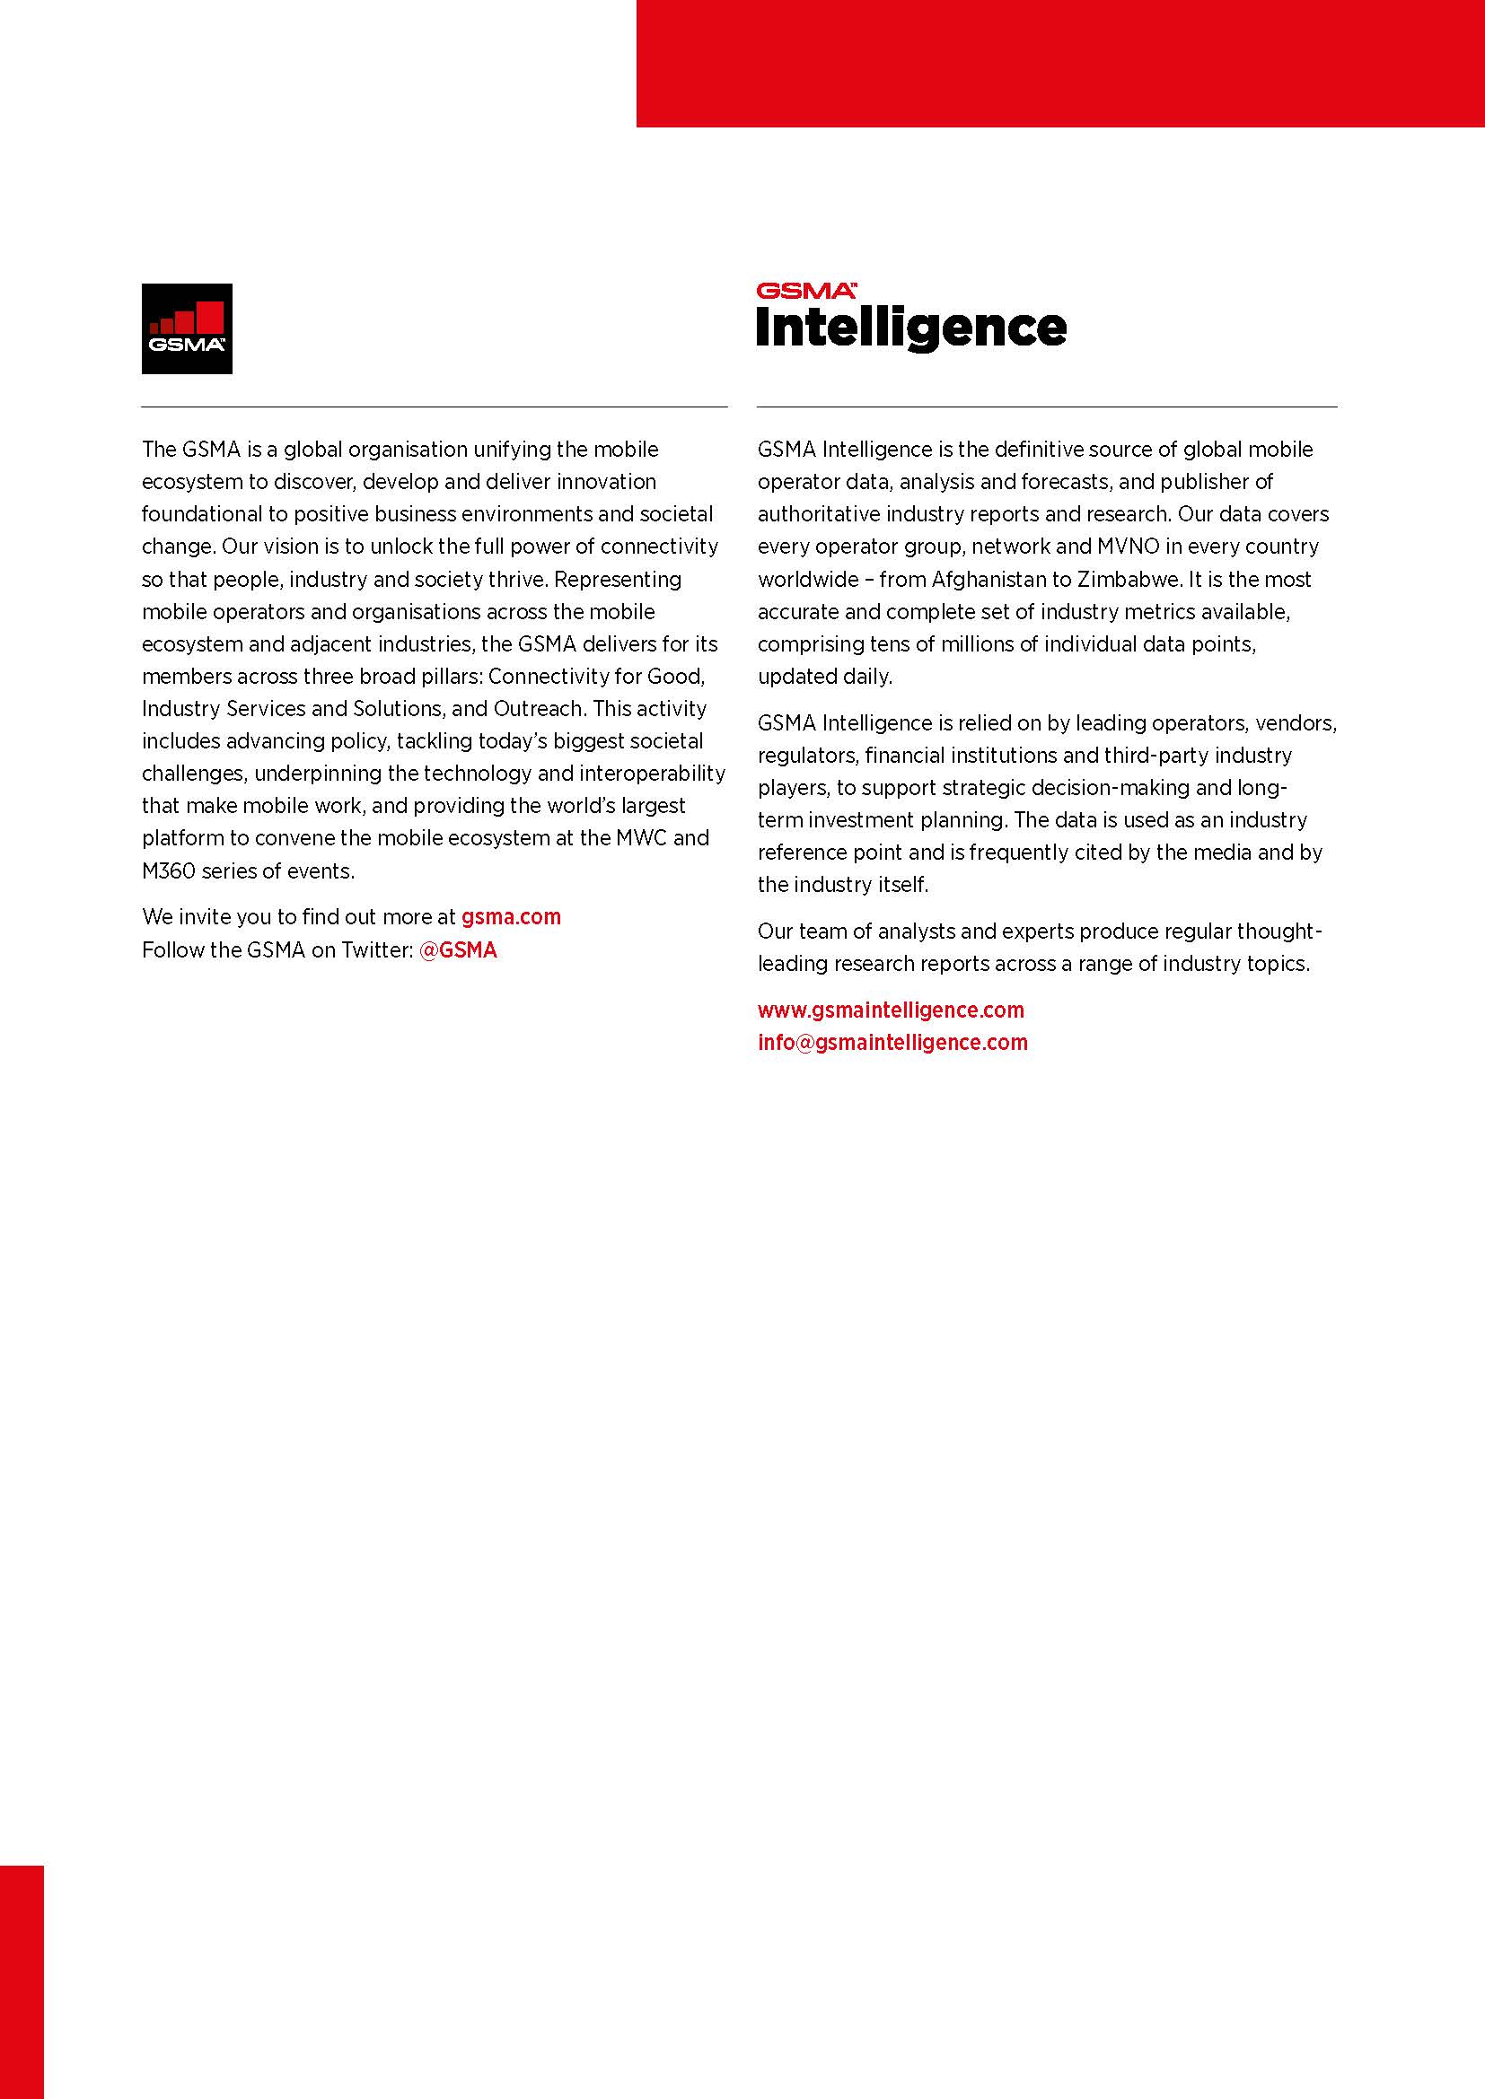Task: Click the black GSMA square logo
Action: click(x=187, y=328)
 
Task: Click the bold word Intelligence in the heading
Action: click(x=910, y=328)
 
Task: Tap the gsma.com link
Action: click(x=511, y=917)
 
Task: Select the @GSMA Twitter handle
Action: click(x=457, y=949)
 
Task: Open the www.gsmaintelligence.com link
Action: click(x=891, y=1010)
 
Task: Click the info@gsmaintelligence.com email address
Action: click(x=892, y=1042)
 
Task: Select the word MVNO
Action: click(x=1129, y=547)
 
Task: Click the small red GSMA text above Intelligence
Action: click(x=804, y=292)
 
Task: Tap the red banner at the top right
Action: click(x=1059, y=63)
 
